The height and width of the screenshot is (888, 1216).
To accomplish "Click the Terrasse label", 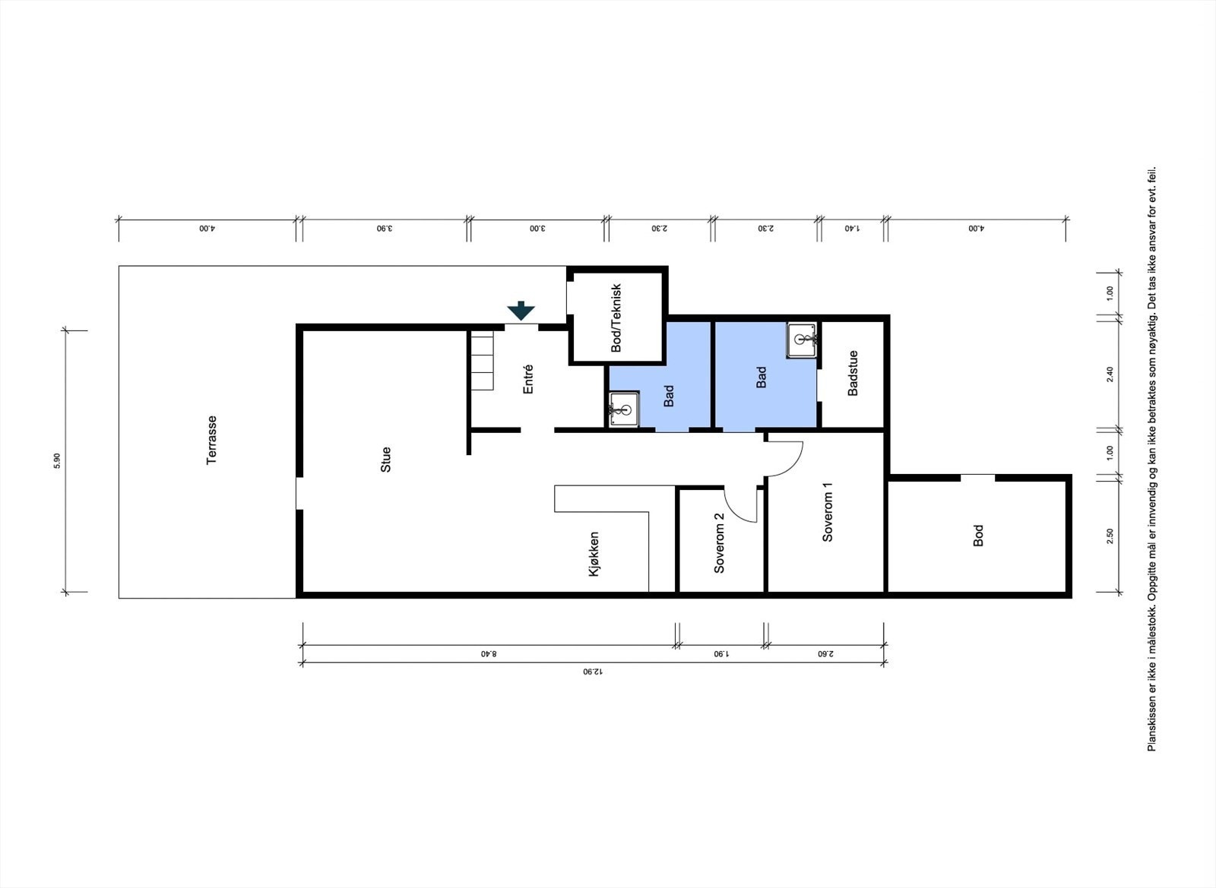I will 212,440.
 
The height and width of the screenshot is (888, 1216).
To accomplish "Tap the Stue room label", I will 386,460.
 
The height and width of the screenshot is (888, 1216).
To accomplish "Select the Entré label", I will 528,379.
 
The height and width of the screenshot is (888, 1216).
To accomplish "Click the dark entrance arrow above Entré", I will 521,310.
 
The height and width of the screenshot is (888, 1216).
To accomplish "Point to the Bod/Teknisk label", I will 616,318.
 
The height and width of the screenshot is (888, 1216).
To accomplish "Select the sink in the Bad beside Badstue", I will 803,339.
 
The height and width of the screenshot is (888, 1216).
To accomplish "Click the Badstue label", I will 853,373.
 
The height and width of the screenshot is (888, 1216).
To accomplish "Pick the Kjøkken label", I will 594,554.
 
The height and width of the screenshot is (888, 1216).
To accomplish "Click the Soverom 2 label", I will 719,542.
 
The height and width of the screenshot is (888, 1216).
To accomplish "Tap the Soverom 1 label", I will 828,512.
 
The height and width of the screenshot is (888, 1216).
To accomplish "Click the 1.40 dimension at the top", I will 852,228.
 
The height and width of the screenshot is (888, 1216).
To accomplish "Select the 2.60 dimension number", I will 825,653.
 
